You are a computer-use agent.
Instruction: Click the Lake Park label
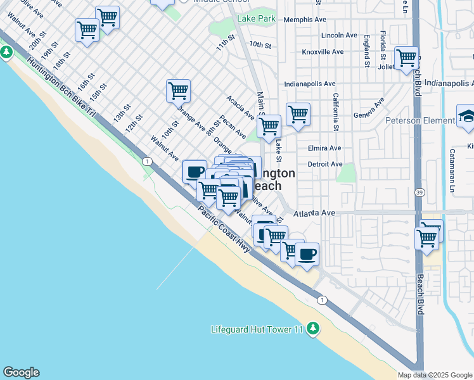tap(256, 19)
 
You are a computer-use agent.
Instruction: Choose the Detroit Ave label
tap(324, 164)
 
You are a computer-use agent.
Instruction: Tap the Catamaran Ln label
tap(452, 170)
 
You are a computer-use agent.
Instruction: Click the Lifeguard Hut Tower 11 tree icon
tap(312, 328)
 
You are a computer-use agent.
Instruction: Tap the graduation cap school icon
tap(466, 117)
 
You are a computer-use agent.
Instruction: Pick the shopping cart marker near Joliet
tap(406, 59)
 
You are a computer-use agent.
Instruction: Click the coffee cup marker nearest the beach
tap(307, 255)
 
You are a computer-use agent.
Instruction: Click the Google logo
tap(21, 372)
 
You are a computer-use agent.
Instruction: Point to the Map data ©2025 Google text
tap(435, 375)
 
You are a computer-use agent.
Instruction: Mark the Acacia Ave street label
tap(240, 108)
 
